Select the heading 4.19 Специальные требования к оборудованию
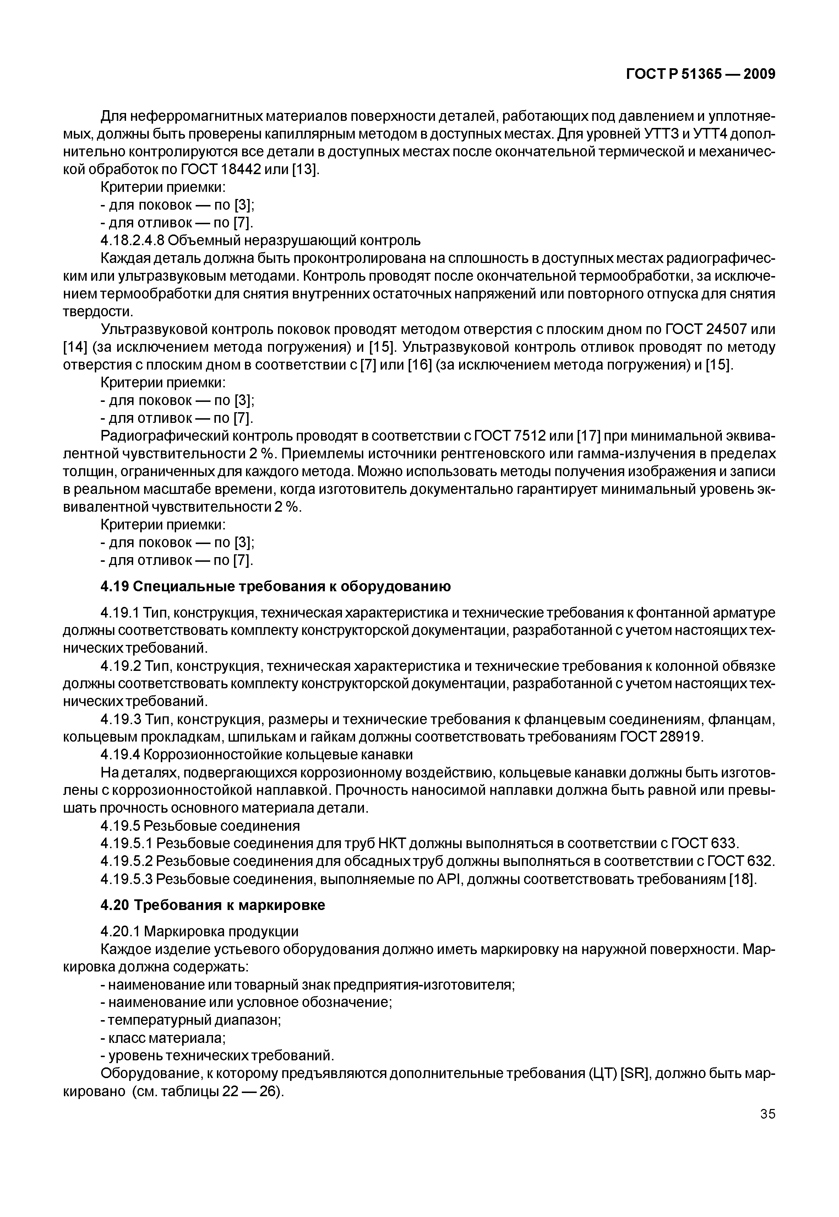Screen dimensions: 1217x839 [x=276, y=586]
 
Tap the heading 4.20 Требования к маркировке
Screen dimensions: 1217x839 [x=213, y=905]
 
